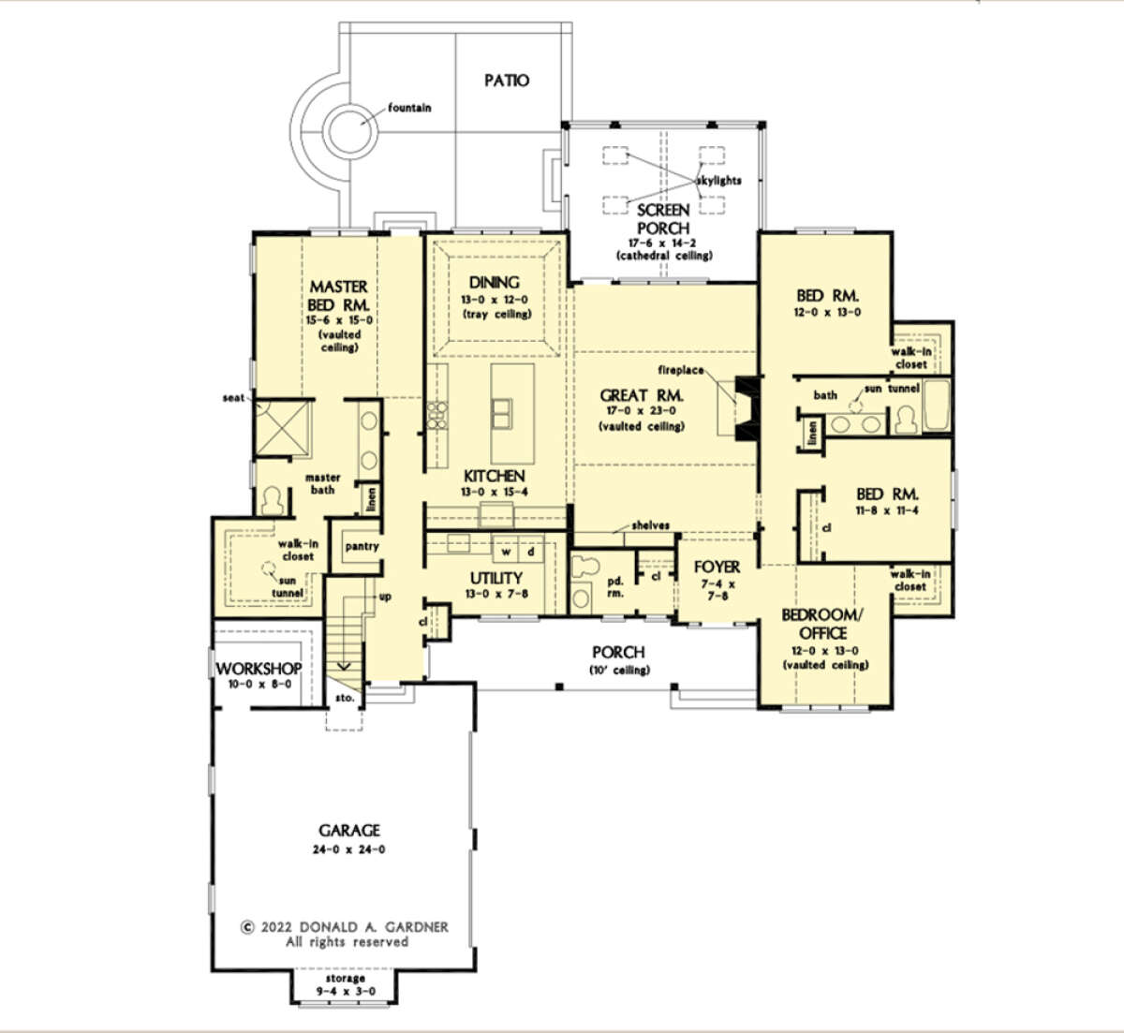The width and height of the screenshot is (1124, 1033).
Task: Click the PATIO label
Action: click(507, 81)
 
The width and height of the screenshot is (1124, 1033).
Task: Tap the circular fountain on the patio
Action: click(350, 131)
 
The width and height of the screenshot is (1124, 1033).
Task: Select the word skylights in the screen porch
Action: click(718, 181)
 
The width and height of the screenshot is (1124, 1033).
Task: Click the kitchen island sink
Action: click(501, 413)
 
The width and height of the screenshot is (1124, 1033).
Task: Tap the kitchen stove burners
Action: click(437, 415)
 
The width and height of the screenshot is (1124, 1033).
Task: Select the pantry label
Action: click(362, 546)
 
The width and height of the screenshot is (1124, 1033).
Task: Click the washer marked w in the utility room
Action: click(506, 551)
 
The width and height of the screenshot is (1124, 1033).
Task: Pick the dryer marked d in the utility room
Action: click(531, 551)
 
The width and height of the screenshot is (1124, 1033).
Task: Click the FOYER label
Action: click(717, 567)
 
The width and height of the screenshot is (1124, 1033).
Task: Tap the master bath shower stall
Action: click(283, 428)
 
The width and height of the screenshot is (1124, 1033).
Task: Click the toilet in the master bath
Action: click(273, 500)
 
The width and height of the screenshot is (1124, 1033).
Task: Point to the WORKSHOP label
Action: click(259, 669)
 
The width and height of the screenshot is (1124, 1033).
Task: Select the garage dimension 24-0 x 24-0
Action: click(349, 849)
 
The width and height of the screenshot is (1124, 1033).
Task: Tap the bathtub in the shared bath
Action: click(936, 405)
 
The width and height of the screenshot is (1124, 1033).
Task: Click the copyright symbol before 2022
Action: click(247, 927)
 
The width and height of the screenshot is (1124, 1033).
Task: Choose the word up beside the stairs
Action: click(385, 597)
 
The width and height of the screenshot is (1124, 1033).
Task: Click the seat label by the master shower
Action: click(233, 398)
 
